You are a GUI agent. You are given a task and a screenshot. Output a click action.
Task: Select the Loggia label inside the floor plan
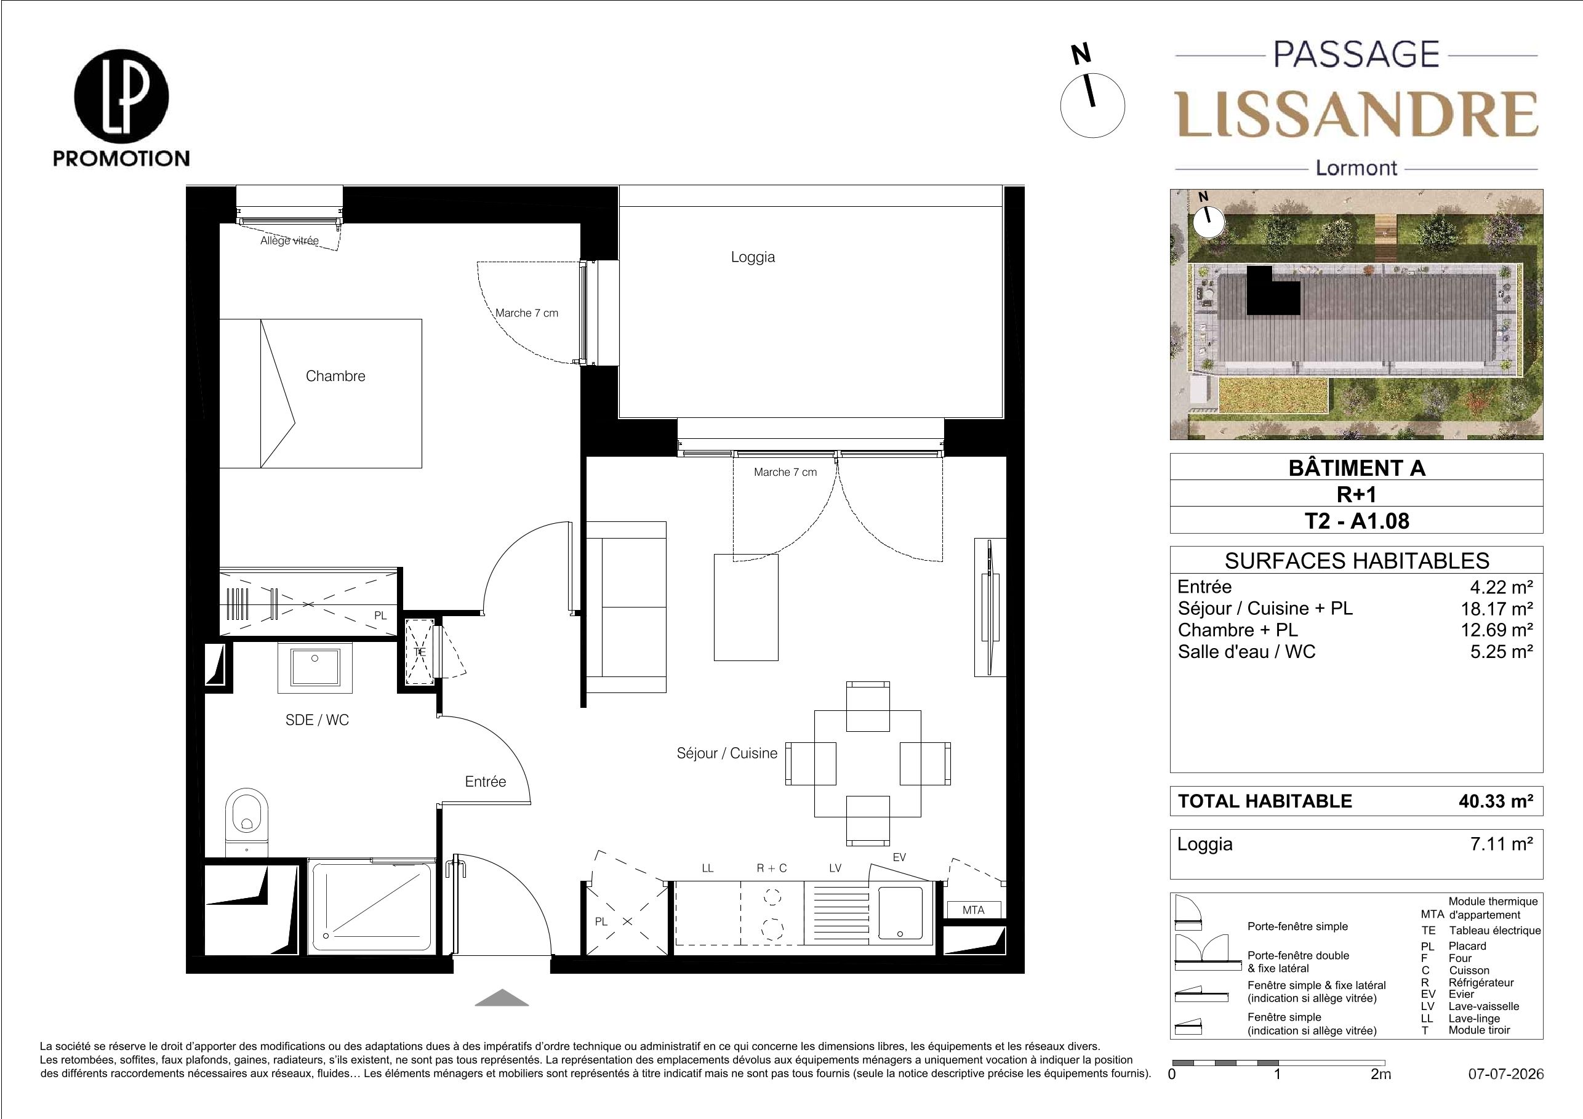pyautogui.click(x=753, y=257)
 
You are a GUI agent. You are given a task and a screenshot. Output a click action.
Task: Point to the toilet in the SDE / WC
pyautogui.click(x=247, y=820)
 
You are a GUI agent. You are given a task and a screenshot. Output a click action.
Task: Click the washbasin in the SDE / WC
pyautogui.click(x=315, y=667)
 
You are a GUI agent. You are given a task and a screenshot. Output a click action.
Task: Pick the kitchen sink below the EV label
pyautogui.click(x=900, y=913)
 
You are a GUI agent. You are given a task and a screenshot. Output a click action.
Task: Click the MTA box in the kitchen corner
pyautogui.click(x=974, y=910)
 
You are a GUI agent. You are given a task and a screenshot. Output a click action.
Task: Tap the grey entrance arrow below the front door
pyautogui.click(x=502, y=998)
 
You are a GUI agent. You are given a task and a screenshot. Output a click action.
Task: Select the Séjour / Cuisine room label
pyautogui.click(x=727, y=753)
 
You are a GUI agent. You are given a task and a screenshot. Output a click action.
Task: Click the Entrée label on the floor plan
pyautogui.click(x=486, y=781)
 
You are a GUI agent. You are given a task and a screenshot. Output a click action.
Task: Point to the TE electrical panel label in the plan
pyautogui.click(x=419, y=652)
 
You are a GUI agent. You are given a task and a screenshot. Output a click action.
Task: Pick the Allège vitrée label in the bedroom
pyautogui.click(x=289, y=241)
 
